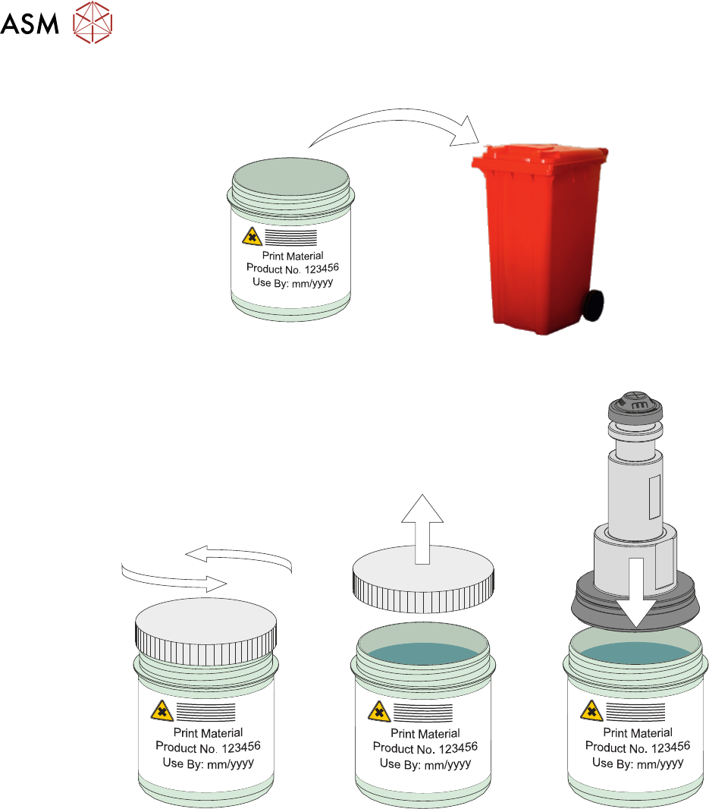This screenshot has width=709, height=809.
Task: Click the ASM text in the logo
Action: coord(30,27)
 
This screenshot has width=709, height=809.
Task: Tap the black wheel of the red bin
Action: coord(593,305)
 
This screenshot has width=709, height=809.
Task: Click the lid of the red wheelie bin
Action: coord(540,156)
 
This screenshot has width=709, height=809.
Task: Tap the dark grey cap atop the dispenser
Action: coord(636,410)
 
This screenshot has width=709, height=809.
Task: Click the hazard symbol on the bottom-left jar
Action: coord(162,711)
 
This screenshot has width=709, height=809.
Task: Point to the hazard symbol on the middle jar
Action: coord(378,712)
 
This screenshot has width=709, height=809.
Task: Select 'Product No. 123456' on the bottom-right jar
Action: coord(637,748)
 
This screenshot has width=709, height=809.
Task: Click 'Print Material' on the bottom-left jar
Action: coord(209,732)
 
